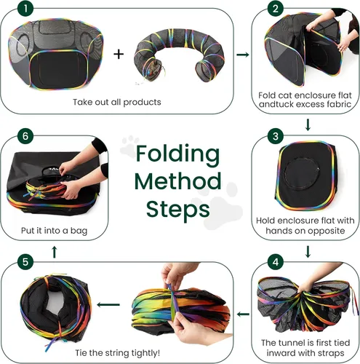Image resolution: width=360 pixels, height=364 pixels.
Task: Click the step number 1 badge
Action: point(25,9)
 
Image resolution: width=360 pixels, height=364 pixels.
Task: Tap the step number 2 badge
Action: point(276,9)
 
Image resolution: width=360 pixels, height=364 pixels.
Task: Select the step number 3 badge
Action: point(276,136)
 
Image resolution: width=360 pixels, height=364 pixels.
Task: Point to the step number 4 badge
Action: point(276,262)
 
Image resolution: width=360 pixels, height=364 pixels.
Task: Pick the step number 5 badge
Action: point(25,262)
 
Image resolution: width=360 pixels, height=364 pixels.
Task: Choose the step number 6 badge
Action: point(25,136)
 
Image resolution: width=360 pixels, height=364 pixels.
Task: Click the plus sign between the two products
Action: point(119,54)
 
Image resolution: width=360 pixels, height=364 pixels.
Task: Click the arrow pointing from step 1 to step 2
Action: point(243,55)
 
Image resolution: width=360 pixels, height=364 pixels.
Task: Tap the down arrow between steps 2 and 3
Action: point(308,124)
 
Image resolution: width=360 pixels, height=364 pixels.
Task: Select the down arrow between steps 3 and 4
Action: point(308,252)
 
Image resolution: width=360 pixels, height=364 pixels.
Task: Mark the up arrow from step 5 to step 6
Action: point(55,252)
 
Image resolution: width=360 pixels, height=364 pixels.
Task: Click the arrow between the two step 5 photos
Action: point(108,304)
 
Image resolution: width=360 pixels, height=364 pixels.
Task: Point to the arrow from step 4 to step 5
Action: point(243,314)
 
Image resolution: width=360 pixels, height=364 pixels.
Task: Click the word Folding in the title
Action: point(177,154)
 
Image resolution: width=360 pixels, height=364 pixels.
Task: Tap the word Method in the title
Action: point(177,181)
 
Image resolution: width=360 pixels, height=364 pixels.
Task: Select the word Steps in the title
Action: point(178,210)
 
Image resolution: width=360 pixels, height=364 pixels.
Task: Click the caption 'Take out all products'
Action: point(117,102)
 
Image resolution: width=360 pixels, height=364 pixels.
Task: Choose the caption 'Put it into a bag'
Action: point(54,231)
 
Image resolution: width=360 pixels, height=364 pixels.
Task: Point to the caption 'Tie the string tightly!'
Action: point(117,353)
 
